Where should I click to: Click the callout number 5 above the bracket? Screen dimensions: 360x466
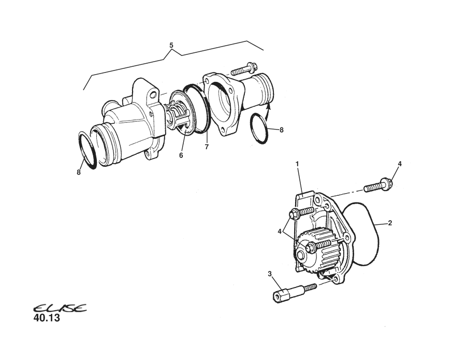click(171, 45)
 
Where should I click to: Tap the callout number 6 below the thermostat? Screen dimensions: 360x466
click(182, 154)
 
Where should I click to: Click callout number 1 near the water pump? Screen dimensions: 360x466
click(297, 164)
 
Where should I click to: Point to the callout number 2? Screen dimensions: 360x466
click(390, 223)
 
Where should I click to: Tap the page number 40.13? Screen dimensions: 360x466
click(47, 319)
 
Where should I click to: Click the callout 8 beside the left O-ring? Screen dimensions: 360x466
click(79, 172)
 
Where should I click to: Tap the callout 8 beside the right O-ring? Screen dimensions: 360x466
click(282, 130)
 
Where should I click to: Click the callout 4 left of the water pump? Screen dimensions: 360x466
click(279, 232)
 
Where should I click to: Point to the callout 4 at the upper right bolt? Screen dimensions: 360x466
click(399, 164)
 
